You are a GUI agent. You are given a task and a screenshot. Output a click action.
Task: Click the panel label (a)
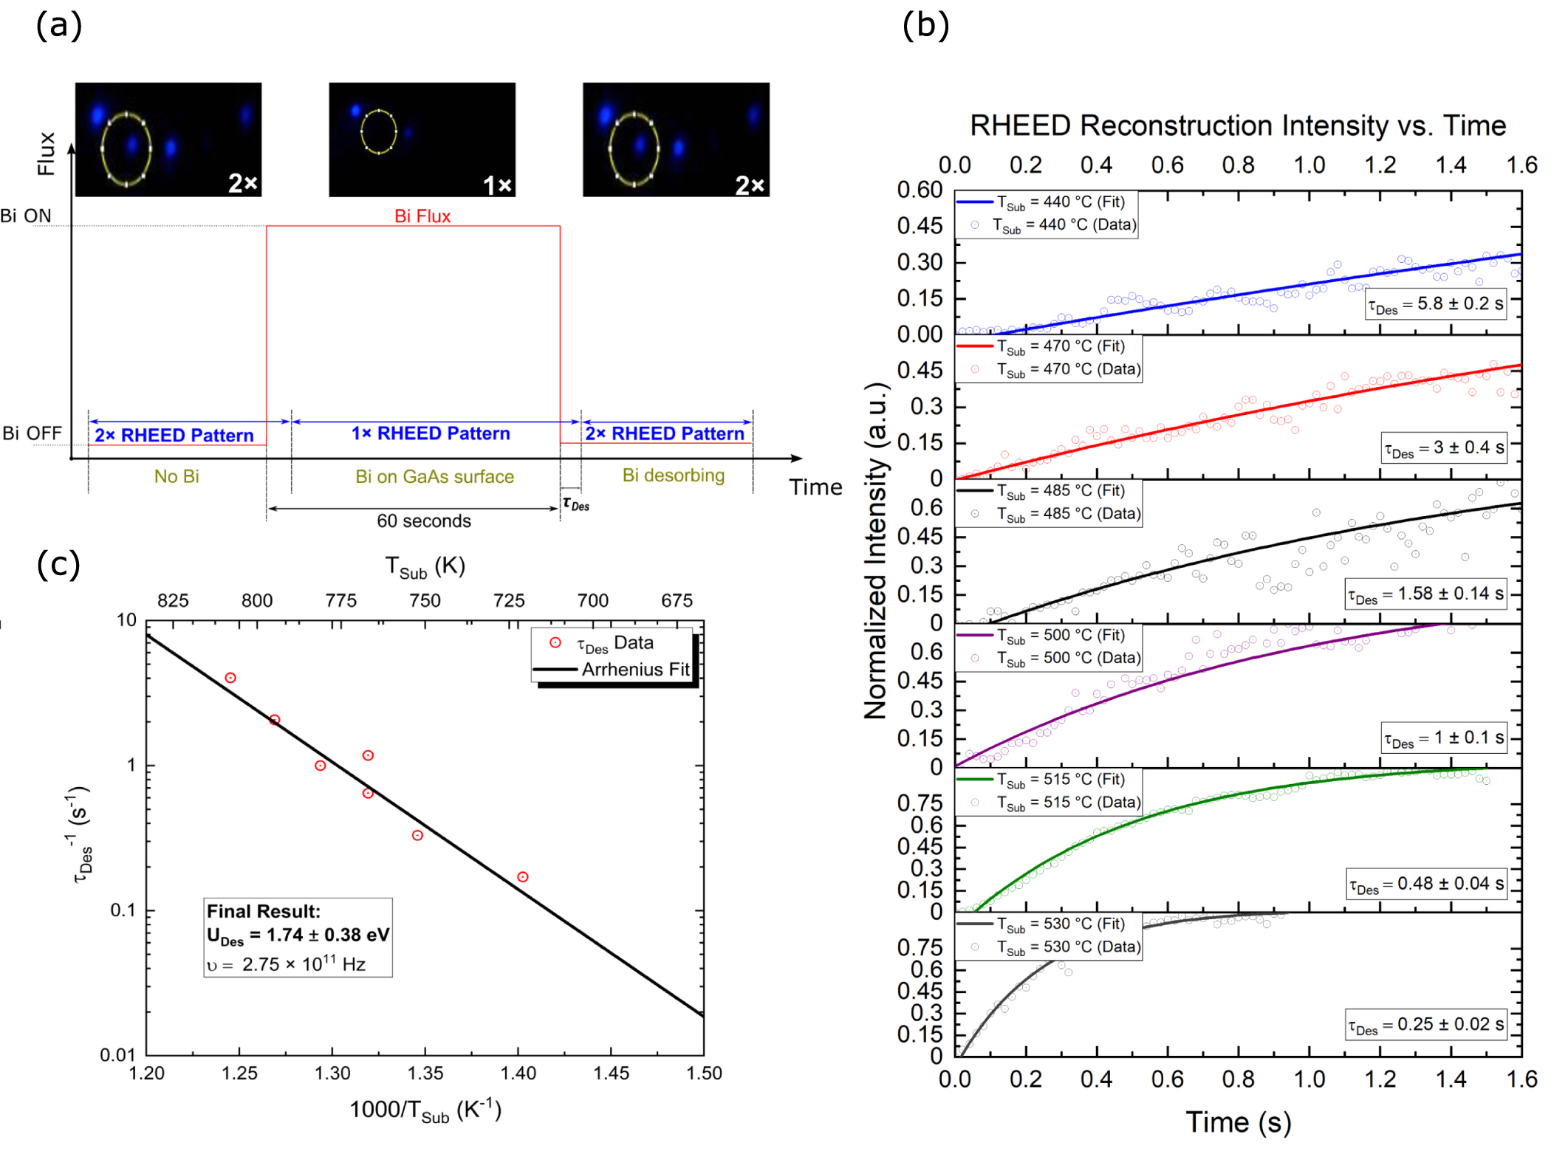pos(58,26)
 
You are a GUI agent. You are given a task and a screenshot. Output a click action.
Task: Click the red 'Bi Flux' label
pos(422,216)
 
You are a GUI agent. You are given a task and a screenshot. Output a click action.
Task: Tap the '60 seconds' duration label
pos(423,521)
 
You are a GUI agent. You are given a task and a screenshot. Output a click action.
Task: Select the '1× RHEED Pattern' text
pos(431,433)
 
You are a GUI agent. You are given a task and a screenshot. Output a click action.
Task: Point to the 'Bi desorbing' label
pos(673,475)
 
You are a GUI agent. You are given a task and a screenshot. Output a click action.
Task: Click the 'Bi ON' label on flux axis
pos(26,216)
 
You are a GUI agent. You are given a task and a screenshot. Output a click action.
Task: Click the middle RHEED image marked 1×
pos(422,140)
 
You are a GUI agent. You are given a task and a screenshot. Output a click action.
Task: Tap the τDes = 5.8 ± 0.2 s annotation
pos(1435,304)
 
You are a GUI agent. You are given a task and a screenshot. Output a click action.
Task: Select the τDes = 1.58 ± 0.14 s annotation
pos(1425,594)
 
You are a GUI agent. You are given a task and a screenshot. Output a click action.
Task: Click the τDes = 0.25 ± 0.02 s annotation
pos(1425,1025)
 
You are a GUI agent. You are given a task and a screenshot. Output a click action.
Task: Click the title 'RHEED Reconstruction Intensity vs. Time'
pos(1237,126)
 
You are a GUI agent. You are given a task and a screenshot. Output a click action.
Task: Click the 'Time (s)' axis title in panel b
pos(1238,1122)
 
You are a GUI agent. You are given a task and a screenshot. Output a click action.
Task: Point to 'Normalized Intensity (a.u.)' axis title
pos(876,550)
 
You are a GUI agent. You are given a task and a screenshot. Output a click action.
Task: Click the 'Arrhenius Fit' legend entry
pos(634,670)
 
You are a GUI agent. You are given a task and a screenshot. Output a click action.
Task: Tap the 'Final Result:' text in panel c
pos(264,911)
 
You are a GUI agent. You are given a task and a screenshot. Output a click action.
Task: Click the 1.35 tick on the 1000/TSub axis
pos(425,1074)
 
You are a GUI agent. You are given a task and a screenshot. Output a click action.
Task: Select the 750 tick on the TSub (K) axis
pos(425,600)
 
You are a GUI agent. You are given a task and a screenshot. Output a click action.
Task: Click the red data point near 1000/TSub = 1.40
pos(523,877)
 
